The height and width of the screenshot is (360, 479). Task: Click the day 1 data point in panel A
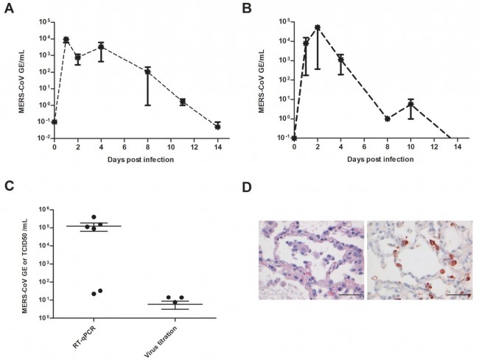click(66, 40)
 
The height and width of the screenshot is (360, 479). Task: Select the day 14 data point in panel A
click(217, 126)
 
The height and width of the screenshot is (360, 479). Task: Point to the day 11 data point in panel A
click(182, 102)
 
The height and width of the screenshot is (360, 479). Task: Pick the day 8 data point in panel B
click(387, 119)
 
